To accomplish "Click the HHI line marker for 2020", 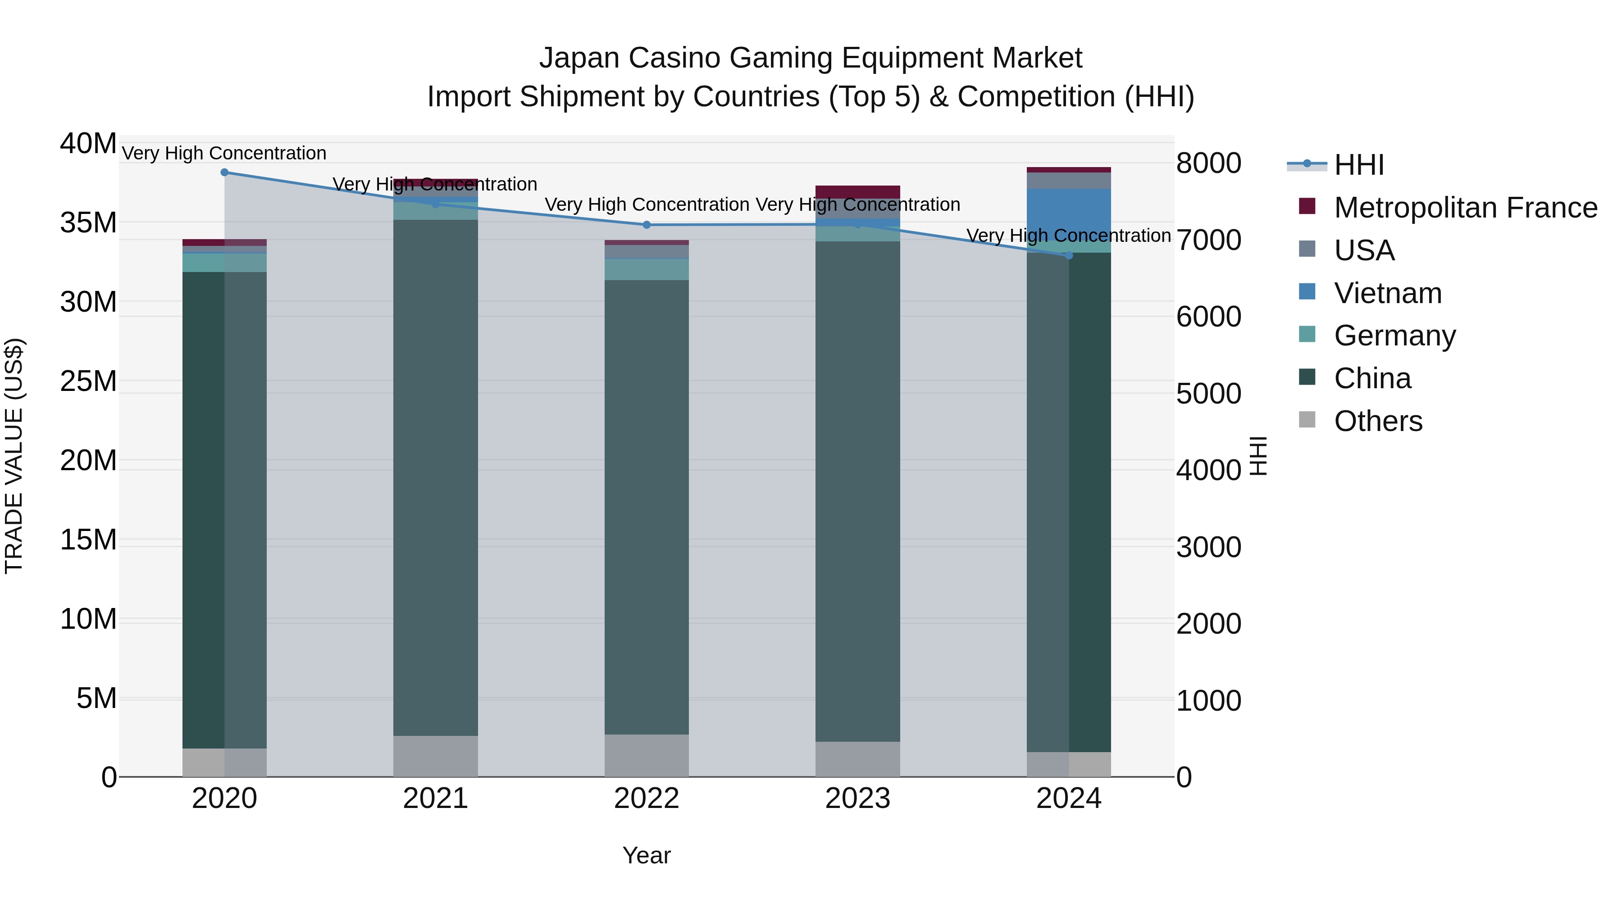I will point(224,172).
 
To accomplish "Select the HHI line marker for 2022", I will point(647,225).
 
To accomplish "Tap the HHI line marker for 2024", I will point(1069,255).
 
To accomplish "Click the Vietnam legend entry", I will point(1387,293).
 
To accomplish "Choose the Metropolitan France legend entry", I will point(1465,208).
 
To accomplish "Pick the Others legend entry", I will point(1378,421).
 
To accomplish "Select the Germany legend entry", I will point(1394,336).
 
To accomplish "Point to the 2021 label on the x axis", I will point(435,799).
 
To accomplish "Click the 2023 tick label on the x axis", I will point(857,799).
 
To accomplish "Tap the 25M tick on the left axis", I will point(88,381).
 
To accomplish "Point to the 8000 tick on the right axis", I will point(1209,163).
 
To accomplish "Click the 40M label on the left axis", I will point(88,144).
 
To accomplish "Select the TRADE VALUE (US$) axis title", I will point(14,456).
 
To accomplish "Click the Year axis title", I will point(647,855).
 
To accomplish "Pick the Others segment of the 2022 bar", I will point(647,755).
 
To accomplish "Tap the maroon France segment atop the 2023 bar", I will point(857,192).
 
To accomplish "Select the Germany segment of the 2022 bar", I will point(647,269).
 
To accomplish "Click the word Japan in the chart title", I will point(579,58).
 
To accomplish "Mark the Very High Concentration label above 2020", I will point(224,153).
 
